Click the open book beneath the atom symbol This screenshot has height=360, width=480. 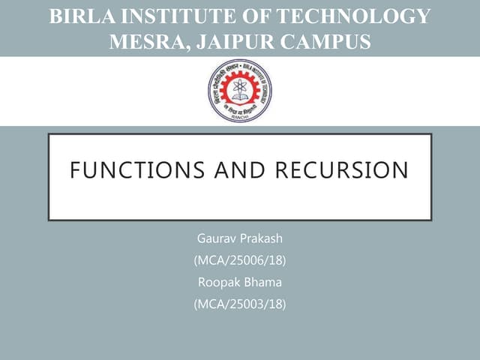tap(239, 103)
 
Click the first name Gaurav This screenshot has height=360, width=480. tap(214, 240)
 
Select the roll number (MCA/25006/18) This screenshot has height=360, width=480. tap(239, 262)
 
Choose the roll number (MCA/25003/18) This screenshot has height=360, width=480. tap(239, 304)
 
